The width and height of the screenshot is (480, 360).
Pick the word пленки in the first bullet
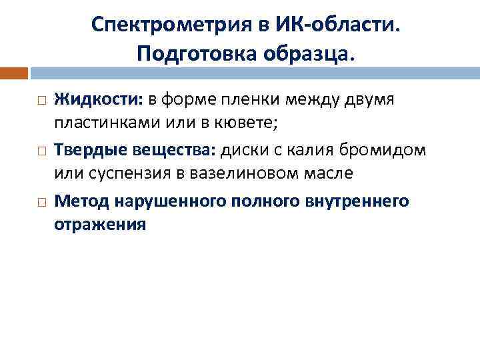click(232, 100)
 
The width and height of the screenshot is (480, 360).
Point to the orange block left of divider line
click(14, 73)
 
